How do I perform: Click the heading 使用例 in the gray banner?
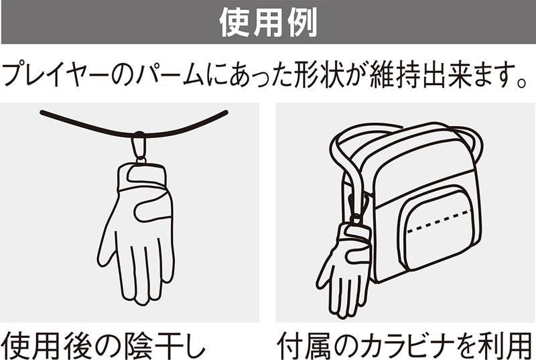(268, 23)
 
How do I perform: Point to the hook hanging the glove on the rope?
(139, 147)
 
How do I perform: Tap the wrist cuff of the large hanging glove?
(142, 177)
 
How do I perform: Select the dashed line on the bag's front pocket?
(440, 221)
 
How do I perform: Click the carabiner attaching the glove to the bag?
(358, 207)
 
